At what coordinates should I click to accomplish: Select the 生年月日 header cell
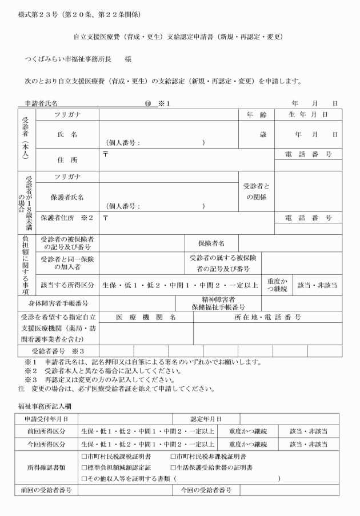(309, 115)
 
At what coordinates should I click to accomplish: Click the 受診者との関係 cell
(257, 191)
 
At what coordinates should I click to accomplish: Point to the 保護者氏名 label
(67, 197)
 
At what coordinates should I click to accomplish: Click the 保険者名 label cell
(211, 243)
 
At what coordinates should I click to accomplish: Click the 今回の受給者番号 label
(206, 490)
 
